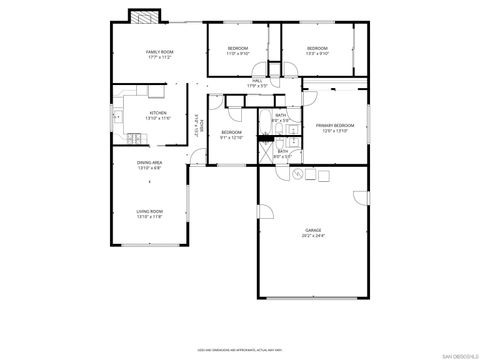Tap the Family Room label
click(159, 54)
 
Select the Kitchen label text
click(158, 115)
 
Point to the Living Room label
click(150, 214)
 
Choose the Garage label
click(313, 233)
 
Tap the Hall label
click(257, 83)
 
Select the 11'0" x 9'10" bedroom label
click(237, 51)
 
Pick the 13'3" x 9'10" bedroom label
click(317, 51)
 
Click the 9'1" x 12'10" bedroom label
click(232, 135)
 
